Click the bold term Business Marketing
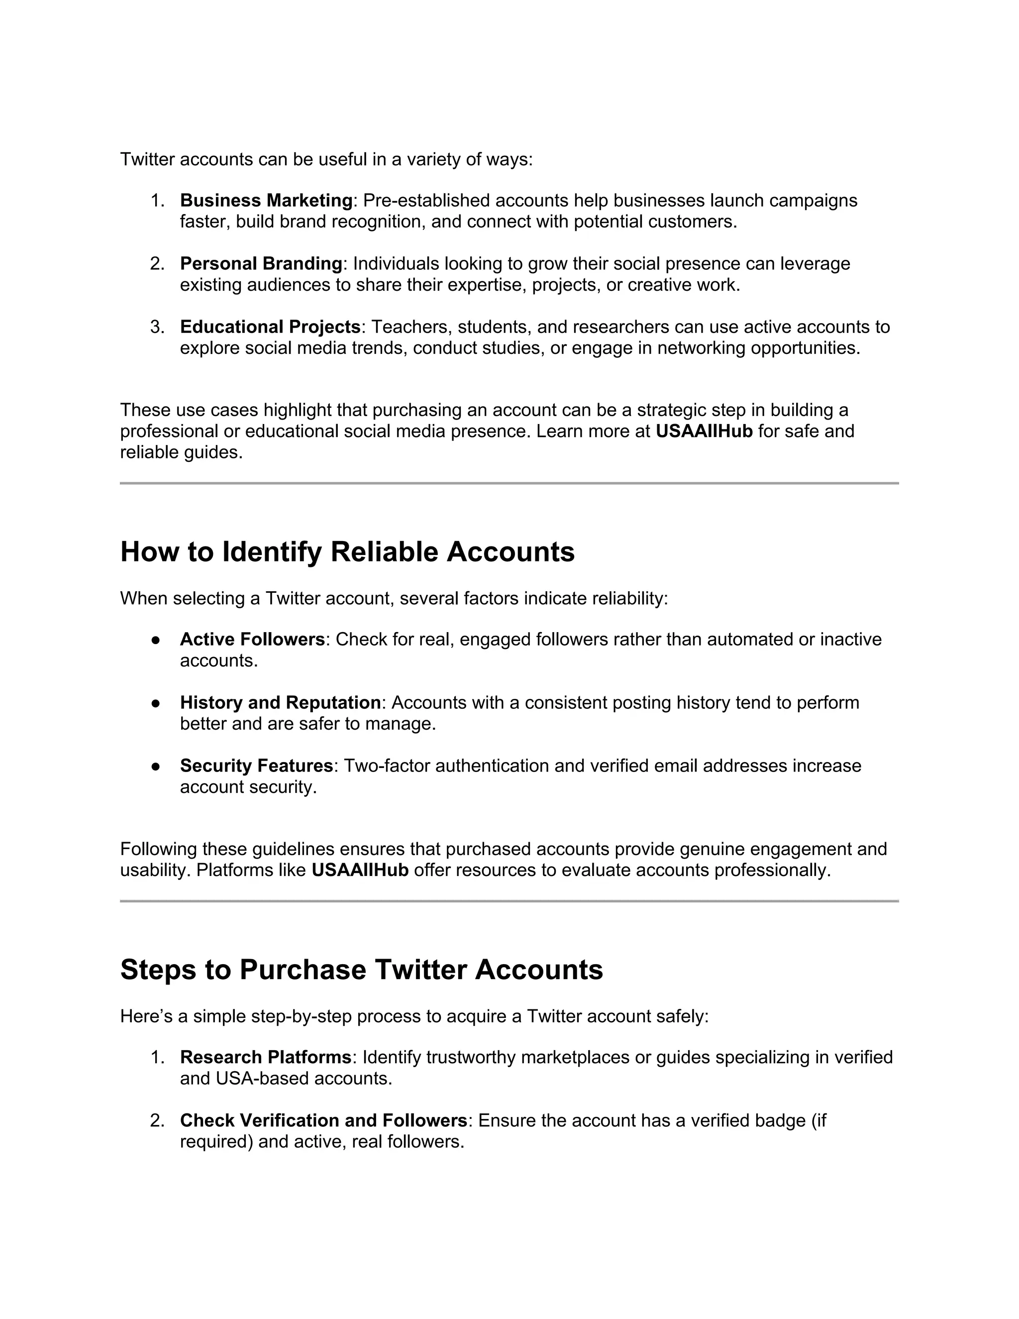point(266,201)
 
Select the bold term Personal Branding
point(261,264)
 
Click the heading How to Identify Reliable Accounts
point(347,552)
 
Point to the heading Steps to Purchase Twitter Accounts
point(362,970)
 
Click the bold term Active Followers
point(252,640)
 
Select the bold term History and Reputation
point(280,703)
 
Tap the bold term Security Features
point(256,766)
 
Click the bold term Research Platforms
point(266,1058)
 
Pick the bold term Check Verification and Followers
point(323,1121)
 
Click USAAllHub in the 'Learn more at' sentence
point(704,432)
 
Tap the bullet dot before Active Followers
point(156,640)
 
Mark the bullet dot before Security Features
point(156,767)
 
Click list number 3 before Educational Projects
point(157,328)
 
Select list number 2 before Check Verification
point(157,1121)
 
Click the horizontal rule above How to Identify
point(509,483)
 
